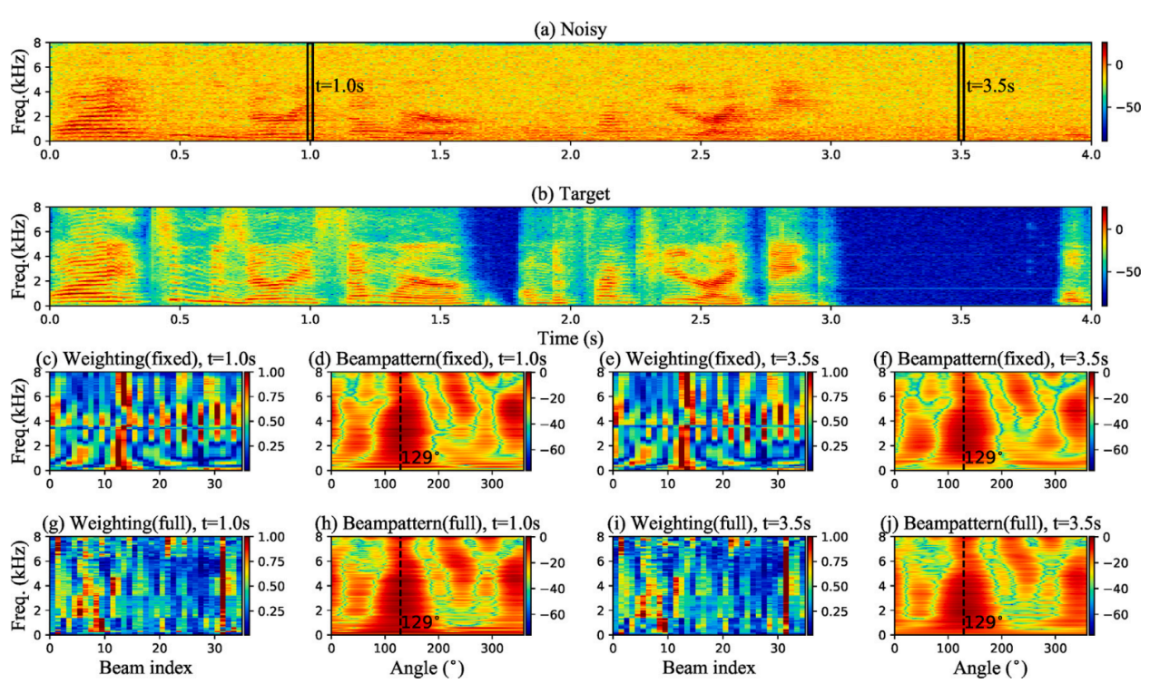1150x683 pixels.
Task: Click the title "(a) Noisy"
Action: coord(569,30)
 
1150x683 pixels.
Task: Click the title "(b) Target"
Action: coord(569,194)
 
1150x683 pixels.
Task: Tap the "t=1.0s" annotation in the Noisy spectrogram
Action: coord(345,86)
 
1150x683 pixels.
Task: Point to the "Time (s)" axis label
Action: coord(569,337)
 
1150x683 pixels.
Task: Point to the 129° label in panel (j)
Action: coord(984,622)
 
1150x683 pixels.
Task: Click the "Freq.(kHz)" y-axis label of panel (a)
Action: coord(20,92)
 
